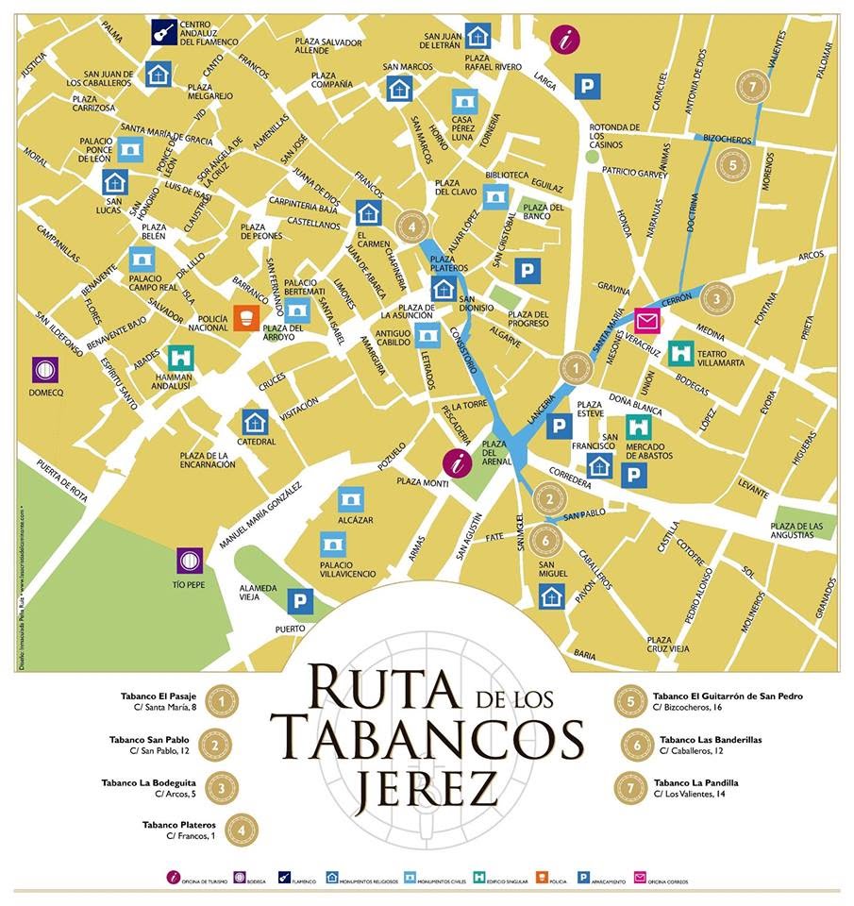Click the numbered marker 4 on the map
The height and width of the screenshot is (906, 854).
[412, 226]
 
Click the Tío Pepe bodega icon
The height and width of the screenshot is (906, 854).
[190, 562]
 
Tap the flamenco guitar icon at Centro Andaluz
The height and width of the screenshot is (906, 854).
[164, 31]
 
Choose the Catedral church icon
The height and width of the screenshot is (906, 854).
[254, 421]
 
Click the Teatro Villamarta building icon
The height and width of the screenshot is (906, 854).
[681, 354]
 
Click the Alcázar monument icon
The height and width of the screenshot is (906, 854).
[350, 499]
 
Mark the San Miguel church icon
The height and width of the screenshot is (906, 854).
[551, 596]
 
